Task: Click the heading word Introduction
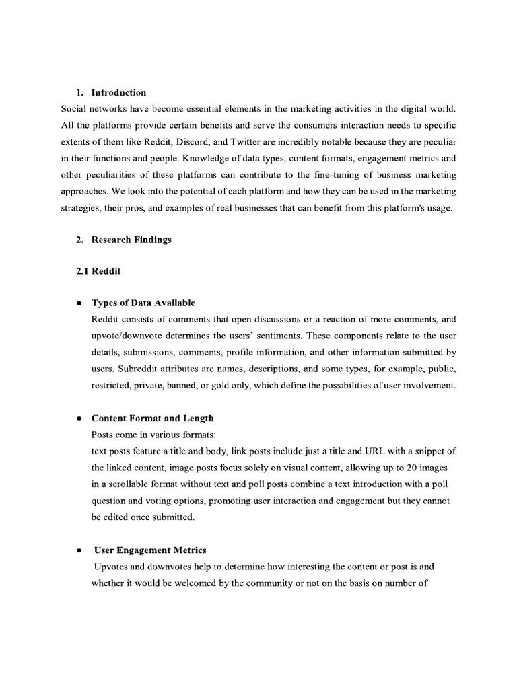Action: point(118,92)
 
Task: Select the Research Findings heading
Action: point(131,240)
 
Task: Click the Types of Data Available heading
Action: point(143,303)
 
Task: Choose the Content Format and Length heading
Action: point(153,419)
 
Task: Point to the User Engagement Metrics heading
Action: point(150,550)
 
